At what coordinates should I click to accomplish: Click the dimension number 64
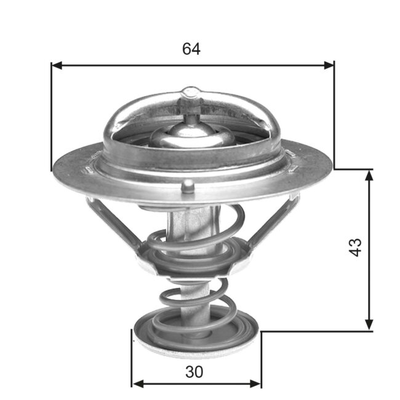tap(191, 49)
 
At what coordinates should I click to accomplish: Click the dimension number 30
tap(195, 372)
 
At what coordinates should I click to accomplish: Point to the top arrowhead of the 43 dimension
tap(369, 175)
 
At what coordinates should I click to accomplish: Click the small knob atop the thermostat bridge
tap(191, 94)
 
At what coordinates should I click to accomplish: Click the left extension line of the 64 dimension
tap(51, 117)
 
